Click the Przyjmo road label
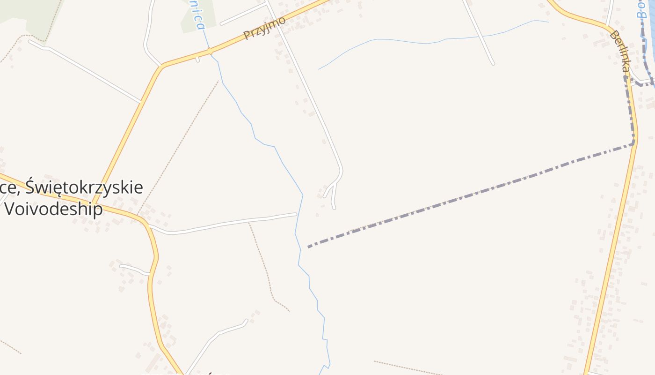pyautogui.click(x=264, y=28)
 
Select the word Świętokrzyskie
pyautogui.click(x=84, y=187)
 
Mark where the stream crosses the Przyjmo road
pyautogui.click(x=211, y=51)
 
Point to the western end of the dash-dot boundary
pyautogui.click(x=309, y=247)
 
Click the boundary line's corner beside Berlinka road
pyautogui.click(x=634, y=143)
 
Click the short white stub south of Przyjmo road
pyautogui.click(x=197, y=60)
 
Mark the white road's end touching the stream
pyautogui.click(x=296, y=214)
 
